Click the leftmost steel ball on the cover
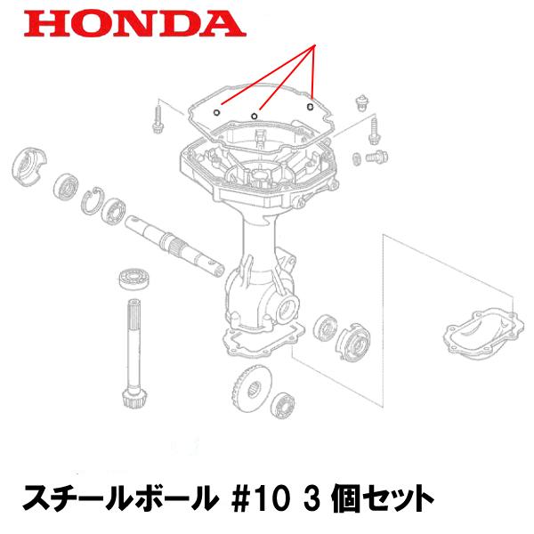coord(218,114)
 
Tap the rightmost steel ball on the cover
coord(310,108)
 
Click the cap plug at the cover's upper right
coord(361,99)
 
